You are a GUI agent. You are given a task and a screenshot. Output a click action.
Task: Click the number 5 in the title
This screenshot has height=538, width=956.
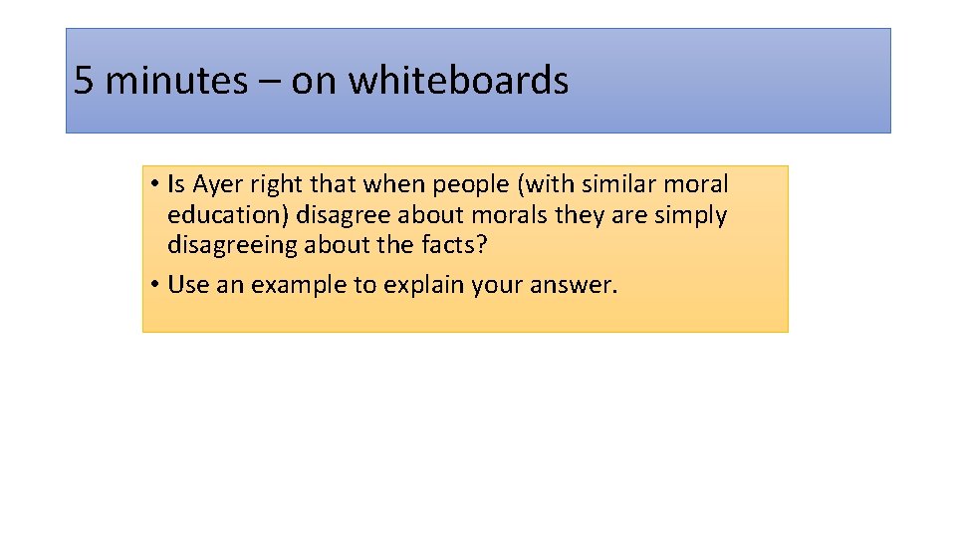tap(84, 81)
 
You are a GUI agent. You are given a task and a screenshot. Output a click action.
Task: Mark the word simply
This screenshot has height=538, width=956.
tap(690, 215)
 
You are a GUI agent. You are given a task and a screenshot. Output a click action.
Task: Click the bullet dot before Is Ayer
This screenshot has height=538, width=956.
tap(157, 185)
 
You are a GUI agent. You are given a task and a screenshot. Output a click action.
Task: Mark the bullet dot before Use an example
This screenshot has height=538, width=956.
tap(157, 285)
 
